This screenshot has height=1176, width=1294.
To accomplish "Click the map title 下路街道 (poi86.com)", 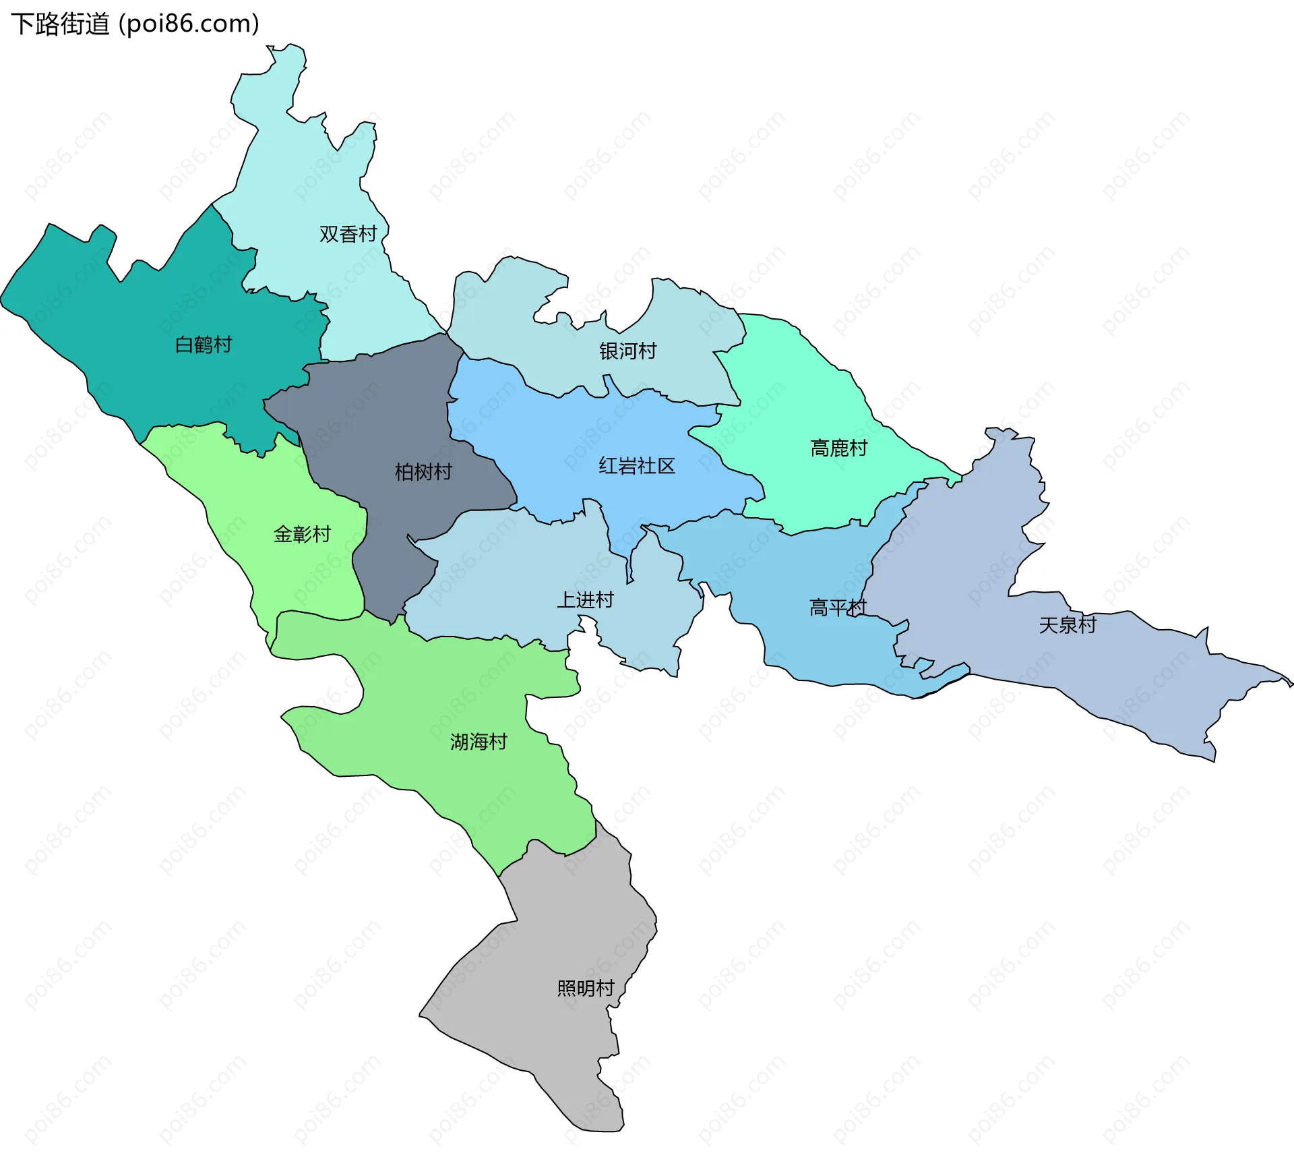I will coord(135,24).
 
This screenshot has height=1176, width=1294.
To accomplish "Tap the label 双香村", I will coord(348,234).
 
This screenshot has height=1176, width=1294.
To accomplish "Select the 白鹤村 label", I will coord(203,345).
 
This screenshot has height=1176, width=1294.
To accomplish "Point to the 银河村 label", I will coord(627,351).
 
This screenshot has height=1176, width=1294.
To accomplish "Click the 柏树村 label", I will coord(423,471).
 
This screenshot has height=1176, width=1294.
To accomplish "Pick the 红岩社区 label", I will coord(637,466).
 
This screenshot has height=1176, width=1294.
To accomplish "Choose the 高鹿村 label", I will coord(838,448).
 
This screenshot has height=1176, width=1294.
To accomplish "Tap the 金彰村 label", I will coord(302,534).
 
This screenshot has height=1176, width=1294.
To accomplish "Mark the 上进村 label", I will coord(585,599).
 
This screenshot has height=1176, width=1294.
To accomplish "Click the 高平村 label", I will coord(837,608).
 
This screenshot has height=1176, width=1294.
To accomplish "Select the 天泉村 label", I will coord(1068,625).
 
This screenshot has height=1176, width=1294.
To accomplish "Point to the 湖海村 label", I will coord(479,742).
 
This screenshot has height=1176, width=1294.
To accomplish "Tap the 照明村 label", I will coord(586,988).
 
